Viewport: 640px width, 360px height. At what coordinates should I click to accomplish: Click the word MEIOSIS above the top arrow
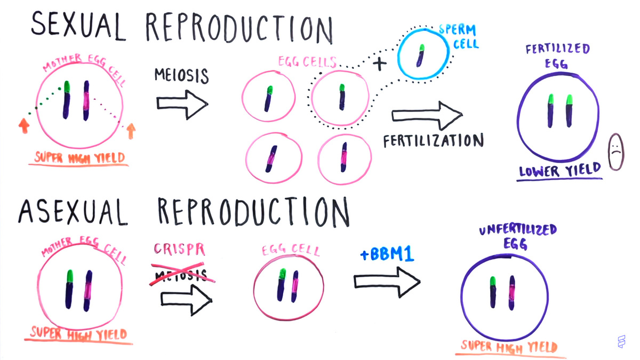pyautogui.click(x=181, y=75)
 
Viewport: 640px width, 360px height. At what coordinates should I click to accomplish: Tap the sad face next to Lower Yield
pyautogui.click(x=616, y=151)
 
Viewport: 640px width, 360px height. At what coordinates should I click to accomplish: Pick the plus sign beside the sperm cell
pyautogui.click(x=379, y=65)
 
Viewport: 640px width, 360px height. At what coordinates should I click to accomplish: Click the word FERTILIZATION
pyautogui.click(x=433, y=141)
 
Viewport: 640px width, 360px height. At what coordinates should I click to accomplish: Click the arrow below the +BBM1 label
pyautogui.click(x=387, y=281)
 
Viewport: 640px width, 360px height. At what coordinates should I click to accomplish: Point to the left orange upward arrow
pyautogui.click(x=23, y=126)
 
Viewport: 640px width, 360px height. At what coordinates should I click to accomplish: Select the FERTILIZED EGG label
pyautogui.click(x=557, y=56)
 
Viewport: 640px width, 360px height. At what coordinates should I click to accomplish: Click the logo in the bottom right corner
pyautogui.click(x=621, y=342)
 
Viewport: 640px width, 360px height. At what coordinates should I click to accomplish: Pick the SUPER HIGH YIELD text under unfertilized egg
pyautogui.click(x=509, y=347)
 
